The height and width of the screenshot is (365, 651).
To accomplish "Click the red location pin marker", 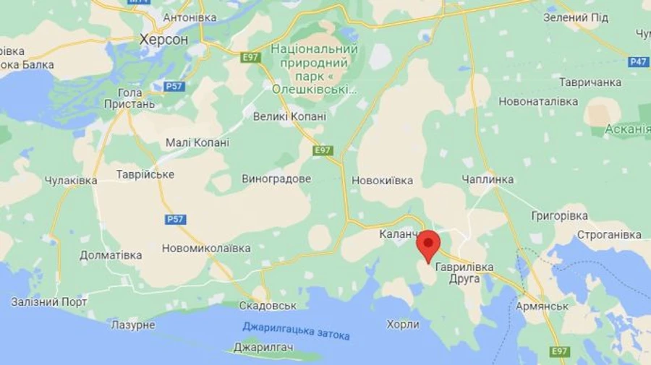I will click(x=429, y=244).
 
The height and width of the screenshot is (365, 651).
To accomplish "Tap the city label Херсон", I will click(x=163, y=40).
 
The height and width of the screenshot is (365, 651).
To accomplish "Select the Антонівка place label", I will click(x=190, y=17).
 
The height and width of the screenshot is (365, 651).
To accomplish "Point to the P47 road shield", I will click(x=639, y=62).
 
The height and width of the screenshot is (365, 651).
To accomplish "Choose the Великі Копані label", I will click(x=289, y=116).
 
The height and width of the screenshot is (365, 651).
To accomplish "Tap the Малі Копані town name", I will click(x=197, y=142).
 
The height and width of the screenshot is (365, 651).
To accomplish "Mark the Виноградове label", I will click(x=276, y=179).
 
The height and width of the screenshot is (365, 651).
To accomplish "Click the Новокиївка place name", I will click(x=382, y=180).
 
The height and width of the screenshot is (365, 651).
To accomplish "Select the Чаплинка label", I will click(x=488, y=179).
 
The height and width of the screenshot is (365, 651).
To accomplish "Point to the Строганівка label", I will click(x=609, y=235).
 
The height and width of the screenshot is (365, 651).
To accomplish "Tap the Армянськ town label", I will click(x=542, y=306).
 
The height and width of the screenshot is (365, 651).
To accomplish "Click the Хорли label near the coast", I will click(x=403, y=325).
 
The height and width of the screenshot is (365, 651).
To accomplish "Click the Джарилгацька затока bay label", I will click(x=296, y=330).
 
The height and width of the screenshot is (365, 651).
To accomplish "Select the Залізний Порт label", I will click(x=49, y=301).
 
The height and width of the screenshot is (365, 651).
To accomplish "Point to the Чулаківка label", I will click(x=71, y=181).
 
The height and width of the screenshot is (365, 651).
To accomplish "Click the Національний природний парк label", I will click(x=314, y=69).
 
